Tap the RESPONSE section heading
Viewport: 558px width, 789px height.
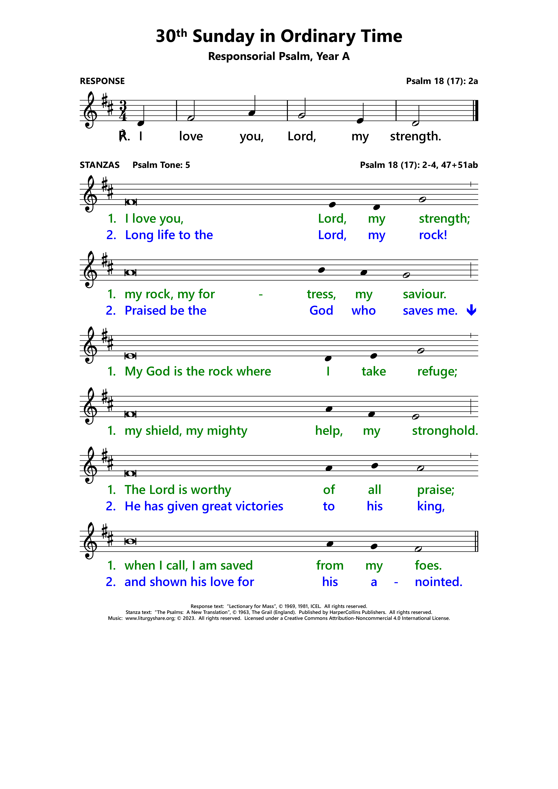102,81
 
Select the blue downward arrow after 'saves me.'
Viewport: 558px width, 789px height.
471,310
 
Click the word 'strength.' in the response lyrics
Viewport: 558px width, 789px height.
415,136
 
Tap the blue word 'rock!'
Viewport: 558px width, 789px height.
433,235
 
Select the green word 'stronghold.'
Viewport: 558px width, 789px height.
445,431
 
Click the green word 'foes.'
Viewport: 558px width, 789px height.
428,565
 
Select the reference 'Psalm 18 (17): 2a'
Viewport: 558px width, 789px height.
442,81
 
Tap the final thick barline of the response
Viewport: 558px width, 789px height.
476,111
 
